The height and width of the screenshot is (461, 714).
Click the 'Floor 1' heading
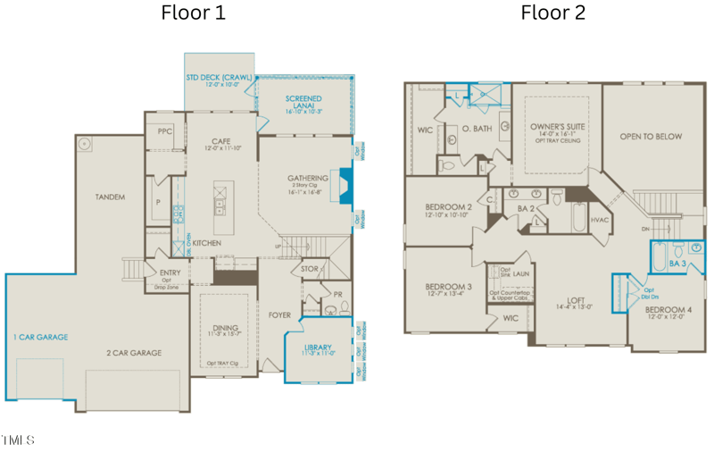click(x=193, y=13)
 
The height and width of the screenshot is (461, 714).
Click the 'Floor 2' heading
click(x=552, y=13)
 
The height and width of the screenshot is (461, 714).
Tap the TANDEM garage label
click(x=110, y=197)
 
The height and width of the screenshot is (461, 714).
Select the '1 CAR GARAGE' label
click(x=40, y=337)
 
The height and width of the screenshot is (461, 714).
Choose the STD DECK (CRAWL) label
click(x=220, y=78)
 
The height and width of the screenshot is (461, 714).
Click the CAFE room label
click(x=221, y=141)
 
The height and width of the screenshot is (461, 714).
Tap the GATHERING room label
click(x=307, y=178)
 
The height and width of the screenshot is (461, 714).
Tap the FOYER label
click(x=279, y=314)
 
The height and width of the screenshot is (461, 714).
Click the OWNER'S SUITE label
click(x=557, y=127)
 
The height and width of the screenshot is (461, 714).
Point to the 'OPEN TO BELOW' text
click(x=651, y=137)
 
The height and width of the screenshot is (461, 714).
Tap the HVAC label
click(x=600, y=220)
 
